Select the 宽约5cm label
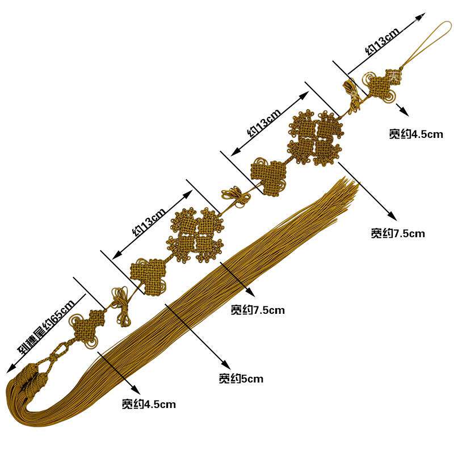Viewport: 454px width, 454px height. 241,379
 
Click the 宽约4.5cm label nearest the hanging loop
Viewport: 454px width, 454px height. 415,134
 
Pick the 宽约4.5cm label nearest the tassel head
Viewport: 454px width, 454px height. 149,404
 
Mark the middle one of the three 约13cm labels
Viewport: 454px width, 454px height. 264,123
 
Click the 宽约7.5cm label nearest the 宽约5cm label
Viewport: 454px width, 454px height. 258,310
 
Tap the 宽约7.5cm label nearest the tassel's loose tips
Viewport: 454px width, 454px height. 398,233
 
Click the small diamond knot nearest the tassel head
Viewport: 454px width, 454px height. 87,326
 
